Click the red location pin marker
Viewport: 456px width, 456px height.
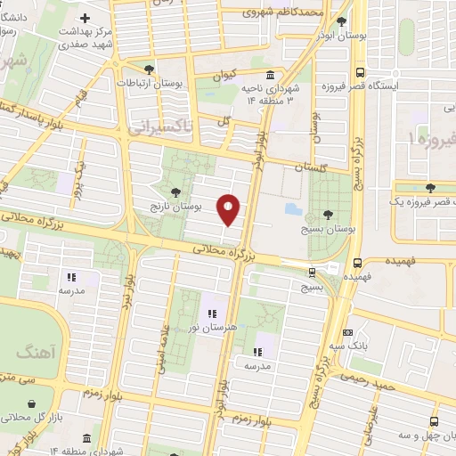tap(230, 209)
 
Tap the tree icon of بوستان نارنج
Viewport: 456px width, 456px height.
tap(175, 191)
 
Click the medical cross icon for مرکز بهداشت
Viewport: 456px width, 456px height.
tap(85, 18)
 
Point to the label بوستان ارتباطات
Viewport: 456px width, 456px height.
tap(150, 83)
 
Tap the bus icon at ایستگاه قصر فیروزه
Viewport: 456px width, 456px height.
tap(360, 73)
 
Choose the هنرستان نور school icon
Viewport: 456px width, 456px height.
tap(212, 313)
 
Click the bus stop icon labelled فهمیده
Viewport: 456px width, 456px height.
tap(356, 263)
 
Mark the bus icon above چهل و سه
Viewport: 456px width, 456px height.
tap(434, 421)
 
